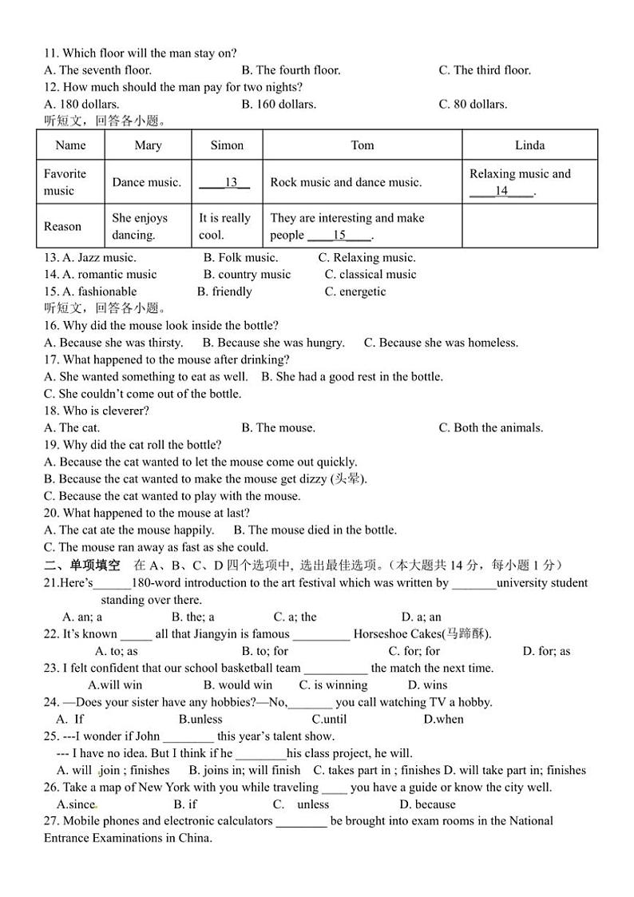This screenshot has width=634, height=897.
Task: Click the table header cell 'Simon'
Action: [x=227, y=145]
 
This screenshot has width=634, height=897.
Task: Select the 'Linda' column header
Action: [x=529, y=145]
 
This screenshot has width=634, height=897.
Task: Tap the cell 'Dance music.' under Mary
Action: [x=147, y=182]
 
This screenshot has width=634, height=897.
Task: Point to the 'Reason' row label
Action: [x=62, y=226]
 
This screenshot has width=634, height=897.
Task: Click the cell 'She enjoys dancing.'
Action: [x=140, y=226]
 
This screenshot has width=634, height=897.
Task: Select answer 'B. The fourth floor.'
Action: [x=291, y=70]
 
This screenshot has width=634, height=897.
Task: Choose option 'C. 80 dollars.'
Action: [x=473, y=104]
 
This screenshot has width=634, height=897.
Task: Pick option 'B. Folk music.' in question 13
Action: [x=240, y=257]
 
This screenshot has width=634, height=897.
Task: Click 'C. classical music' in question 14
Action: [x=370, y=274]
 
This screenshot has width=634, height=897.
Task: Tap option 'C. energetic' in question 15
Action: [x=355, y=292]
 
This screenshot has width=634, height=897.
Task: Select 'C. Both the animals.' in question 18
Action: [x=490, y=427]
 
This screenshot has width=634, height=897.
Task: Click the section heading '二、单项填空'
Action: [x=81, y=566]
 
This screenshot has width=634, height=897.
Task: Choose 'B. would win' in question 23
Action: [x=238, y=685]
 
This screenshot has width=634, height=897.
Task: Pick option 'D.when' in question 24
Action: [x=443, y=719]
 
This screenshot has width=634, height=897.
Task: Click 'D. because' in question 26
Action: [x=427, y=804]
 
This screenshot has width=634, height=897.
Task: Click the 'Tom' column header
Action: [x=362, y=145]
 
